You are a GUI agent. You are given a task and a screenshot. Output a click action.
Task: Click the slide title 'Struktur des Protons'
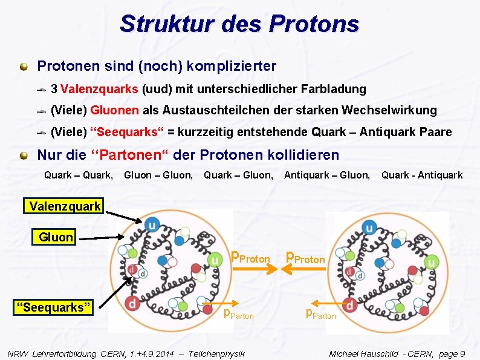[x=239, y=24]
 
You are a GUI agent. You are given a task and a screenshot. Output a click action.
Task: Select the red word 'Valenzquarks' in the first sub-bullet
[x=100, y=89]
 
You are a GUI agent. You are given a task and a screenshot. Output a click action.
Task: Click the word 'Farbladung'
[x=336, y=89]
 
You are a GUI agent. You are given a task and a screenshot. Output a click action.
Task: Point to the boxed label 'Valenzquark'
[x=65, y=206]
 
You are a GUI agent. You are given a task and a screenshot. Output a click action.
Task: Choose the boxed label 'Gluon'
[x=56, y=237]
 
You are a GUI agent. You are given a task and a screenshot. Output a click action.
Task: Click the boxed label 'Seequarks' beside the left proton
[x=54, y=307]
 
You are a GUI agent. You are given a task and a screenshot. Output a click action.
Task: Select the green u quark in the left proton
[x=215, y=260]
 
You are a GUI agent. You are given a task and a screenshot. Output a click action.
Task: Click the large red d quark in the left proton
[x=131, y=302]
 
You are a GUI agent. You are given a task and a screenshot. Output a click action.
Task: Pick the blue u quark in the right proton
[x=368, y=228]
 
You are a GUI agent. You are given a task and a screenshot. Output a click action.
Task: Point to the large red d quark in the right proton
[x=348, y=304]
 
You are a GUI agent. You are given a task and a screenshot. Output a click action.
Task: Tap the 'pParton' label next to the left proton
[x=239, y=314]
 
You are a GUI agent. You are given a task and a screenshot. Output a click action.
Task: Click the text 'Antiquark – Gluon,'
[x=327, y=175]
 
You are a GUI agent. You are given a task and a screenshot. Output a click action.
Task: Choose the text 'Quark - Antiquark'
[x=421, y=175]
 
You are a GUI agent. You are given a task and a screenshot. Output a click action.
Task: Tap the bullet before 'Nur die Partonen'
[x=23, y=155]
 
